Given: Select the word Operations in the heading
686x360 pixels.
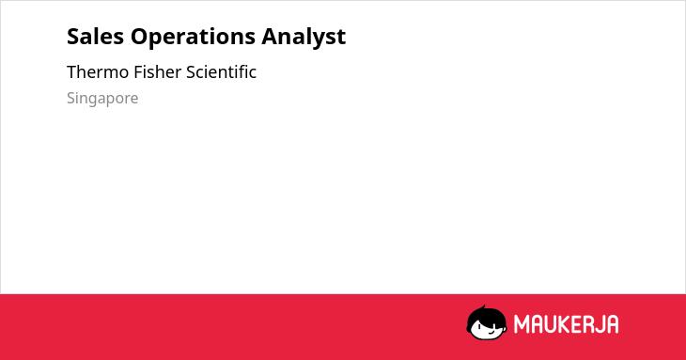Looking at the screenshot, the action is pos(193,38).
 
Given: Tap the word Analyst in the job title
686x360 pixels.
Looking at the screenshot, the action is pos(304,38).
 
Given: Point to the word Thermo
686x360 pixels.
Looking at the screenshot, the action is pos(98,72).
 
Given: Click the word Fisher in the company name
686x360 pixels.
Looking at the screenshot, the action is pos(158,72).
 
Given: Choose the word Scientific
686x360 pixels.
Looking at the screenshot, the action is pos(222,72).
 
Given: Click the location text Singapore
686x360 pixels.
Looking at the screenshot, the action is pos(102,99).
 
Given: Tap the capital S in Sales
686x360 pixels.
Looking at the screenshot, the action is pos(73,37).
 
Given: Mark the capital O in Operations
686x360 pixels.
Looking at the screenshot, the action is pos(140,37).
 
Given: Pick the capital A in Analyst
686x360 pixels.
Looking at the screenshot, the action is pos(271,37).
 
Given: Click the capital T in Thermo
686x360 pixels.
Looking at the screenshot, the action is pos(72,72).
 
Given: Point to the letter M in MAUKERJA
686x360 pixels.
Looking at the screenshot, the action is pos(522,324).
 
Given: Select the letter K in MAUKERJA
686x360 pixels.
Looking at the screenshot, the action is pos(565,324).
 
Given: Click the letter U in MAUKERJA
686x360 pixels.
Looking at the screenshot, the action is pos(551,324).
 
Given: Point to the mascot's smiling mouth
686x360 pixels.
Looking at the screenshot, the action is pos(491,332).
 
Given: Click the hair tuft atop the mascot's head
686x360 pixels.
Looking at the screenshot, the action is pos(483,307).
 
